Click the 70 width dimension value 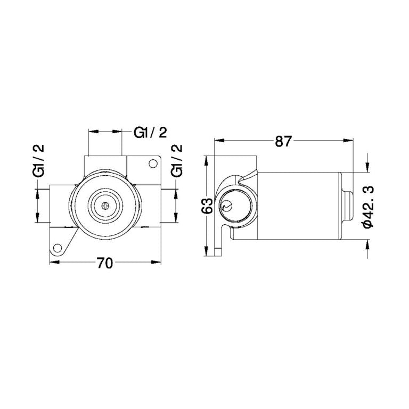point(105,264)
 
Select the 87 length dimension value point(283,142)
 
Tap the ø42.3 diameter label point(367,207)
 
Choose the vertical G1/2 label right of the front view point(177,160)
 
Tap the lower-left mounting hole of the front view point(58,248)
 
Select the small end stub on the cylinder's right point(347,206)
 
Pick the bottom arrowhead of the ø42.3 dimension point(367,242)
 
